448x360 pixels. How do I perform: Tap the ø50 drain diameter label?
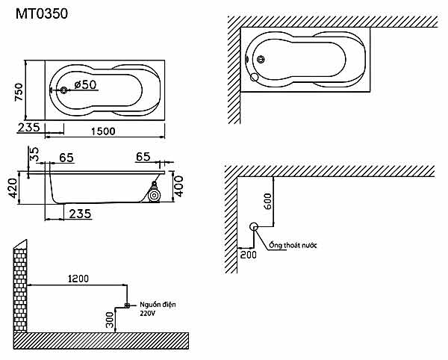pyautogui.click(x=85, y=85)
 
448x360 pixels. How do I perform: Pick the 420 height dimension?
pyautogui.click(x=12, y=189)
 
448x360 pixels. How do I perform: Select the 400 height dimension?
pyautogui.click(x=178, y=185)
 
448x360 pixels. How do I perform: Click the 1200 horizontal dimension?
pyautogui.click(x=77, y=279)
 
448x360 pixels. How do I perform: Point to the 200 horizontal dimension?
pyautogui.click(x=249, y=255)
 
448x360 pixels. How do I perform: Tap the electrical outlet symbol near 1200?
pyautogui.click(x=128, y=305)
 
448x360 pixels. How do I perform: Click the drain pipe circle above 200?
pyautogui.click(x=253, y=227)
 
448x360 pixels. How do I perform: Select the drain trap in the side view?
pyautogui.click(x=154, y=196)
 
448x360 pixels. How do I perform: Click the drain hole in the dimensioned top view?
pyautogui.click(x=63, y=90)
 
